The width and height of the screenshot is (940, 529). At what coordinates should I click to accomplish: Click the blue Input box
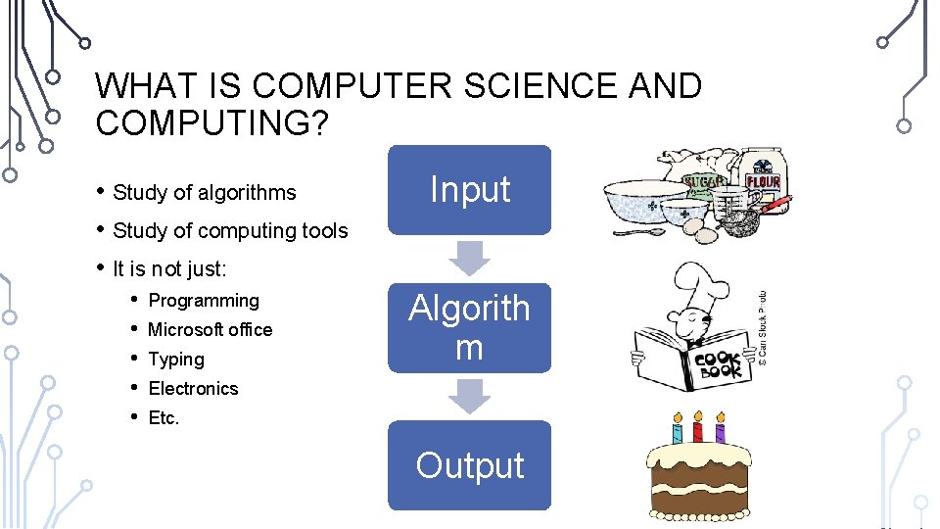click(x=470, y=189)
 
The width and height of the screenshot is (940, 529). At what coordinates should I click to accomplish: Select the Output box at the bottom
click(x=470, y=465)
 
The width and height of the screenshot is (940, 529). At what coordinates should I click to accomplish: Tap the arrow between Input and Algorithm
click(x=470, y=258)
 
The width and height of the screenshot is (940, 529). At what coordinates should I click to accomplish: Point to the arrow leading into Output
click(x=470, y=396)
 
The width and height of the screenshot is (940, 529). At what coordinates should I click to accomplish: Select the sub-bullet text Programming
click(x=204, y=301)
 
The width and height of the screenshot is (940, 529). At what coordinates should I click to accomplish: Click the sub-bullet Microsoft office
click(x=210, y=330)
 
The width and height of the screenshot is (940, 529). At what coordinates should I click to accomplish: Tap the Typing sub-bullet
click(x=176, y=360)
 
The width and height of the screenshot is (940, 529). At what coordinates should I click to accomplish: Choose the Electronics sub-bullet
click(x=193, y=389)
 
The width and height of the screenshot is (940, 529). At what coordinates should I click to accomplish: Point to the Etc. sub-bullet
click(x=164, y=418)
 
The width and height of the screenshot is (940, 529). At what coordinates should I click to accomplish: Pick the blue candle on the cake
click(x=677, y=428)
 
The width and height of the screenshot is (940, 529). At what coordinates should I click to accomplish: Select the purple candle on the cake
click(x=721, y=428)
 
